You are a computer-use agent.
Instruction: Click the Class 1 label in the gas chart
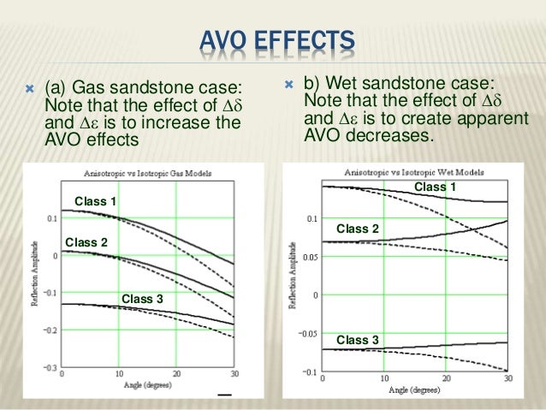point(97,201)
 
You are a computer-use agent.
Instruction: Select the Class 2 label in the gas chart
point(86,242)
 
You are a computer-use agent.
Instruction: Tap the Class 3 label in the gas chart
point(142,298)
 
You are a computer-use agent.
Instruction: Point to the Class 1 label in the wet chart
point(435,187)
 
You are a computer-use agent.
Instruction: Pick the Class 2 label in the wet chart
point(358,229)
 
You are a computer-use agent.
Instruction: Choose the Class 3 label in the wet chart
point(358,340)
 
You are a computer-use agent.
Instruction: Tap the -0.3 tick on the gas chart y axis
point(50,368)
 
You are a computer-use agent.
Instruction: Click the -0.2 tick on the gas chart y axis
point(50,330)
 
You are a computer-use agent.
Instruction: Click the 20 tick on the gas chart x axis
point(176,375)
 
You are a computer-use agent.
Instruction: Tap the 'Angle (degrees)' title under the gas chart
point(147,386)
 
